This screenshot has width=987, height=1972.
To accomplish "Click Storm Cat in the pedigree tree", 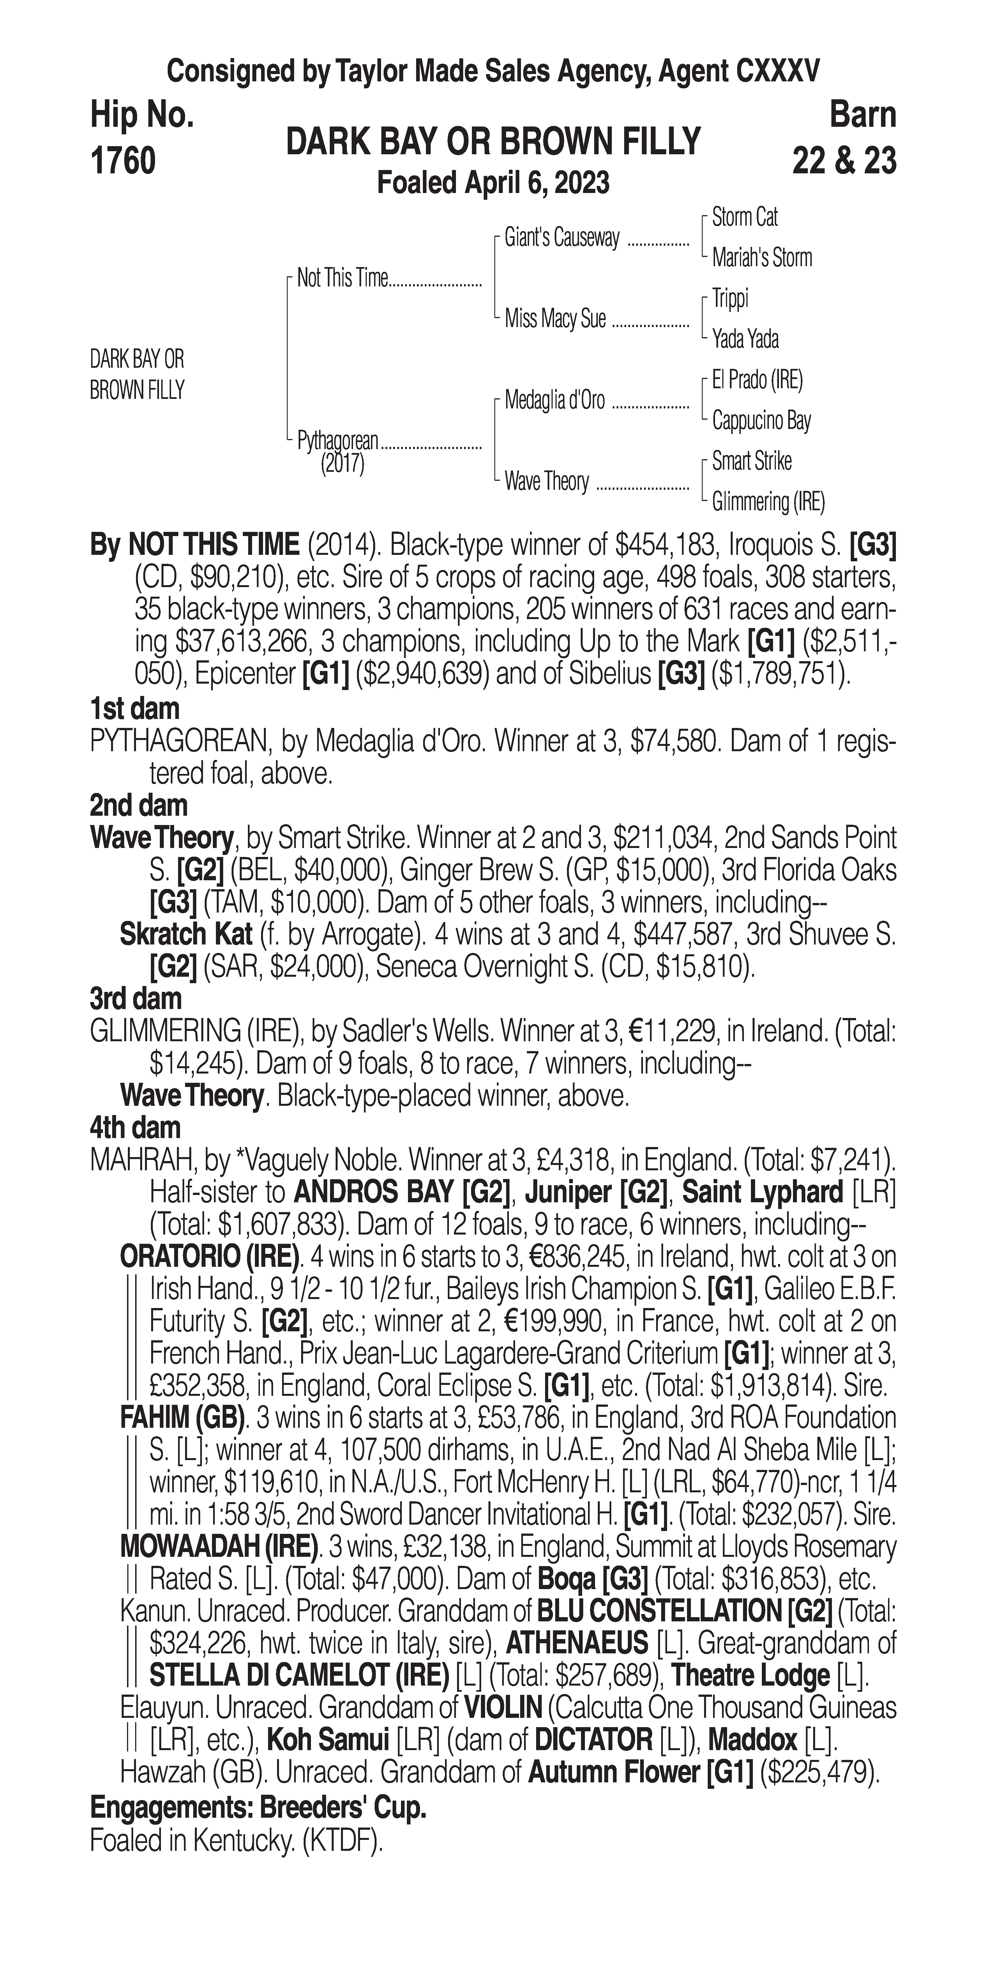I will [x=744, y=217].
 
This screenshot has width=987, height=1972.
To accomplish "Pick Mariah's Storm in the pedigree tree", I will [x=761, y=258].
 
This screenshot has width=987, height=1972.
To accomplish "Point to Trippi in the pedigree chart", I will [x=730, y=298].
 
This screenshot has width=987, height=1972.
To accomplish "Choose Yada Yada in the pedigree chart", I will [x=745, y=338].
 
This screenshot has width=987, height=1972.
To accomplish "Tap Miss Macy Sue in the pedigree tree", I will [x=555, y=318].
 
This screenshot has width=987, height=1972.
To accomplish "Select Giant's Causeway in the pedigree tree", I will [x=562, y=238].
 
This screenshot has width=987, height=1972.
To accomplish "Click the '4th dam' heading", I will [x=135, y=1128].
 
